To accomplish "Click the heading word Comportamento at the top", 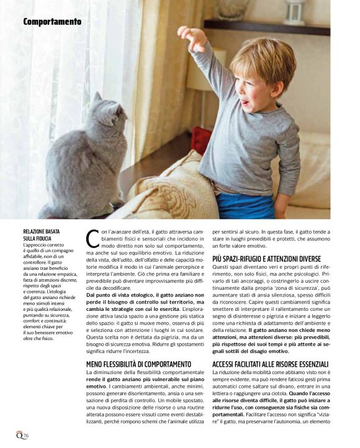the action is click(52, 22).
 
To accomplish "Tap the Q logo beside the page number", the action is click(19, 434).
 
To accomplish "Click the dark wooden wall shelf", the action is click(266, 28).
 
